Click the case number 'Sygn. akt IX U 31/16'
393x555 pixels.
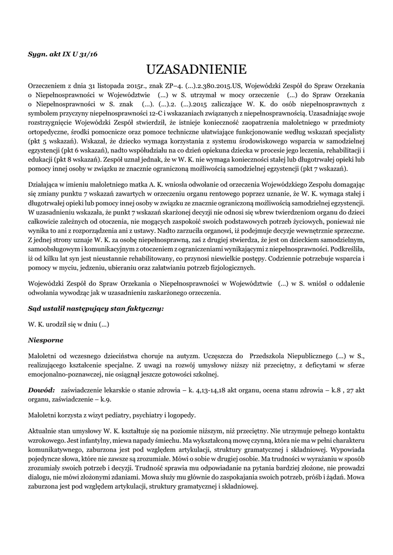(63, 54)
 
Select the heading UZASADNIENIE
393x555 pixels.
(196, 70)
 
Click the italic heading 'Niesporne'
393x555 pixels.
(46, 340)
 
